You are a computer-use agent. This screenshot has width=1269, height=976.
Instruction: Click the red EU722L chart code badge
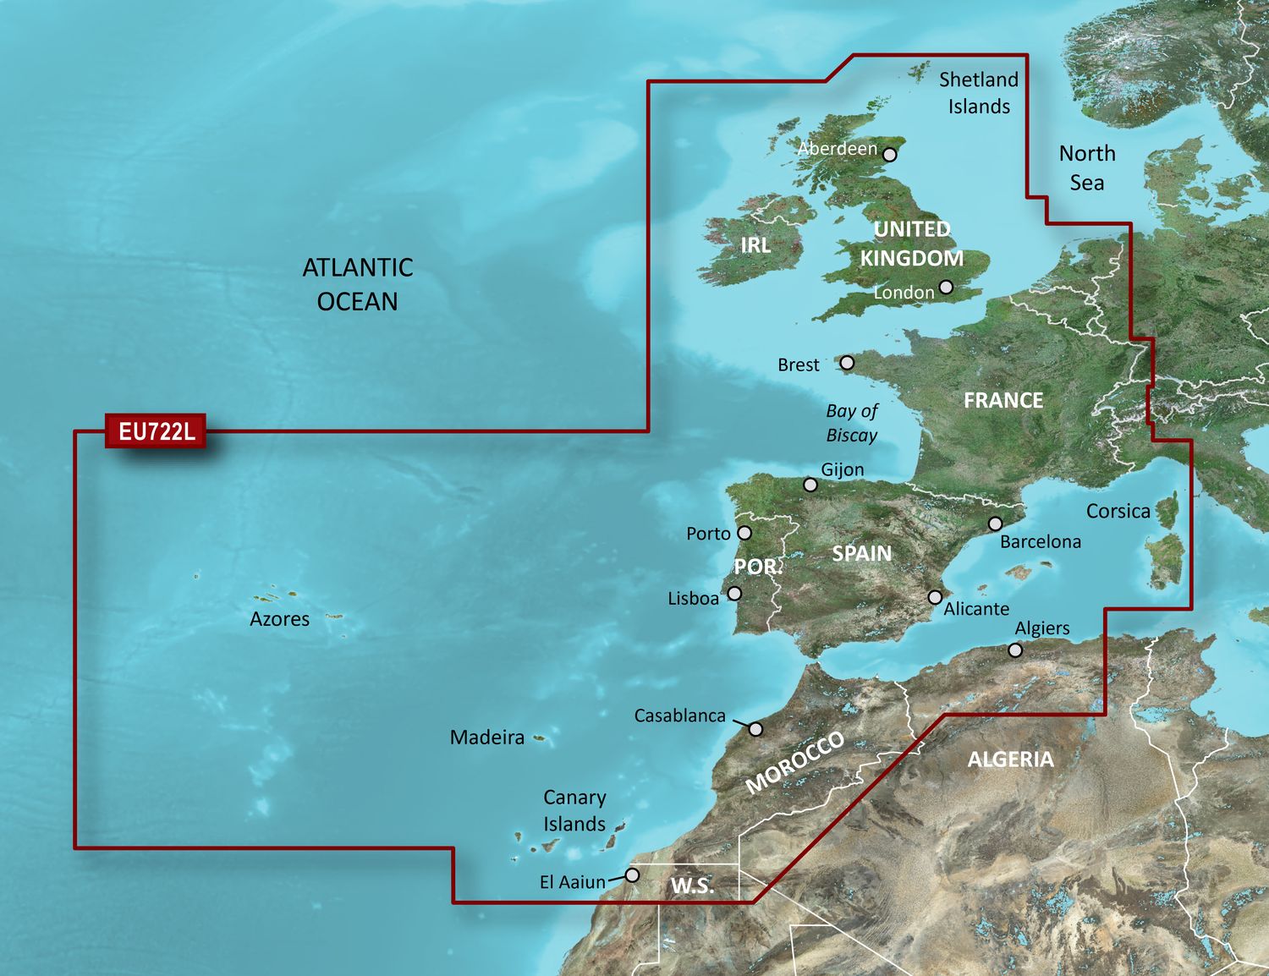[156, 431]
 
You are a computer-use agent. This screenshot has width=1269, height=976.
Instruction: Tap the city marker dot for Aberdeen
[889, 154]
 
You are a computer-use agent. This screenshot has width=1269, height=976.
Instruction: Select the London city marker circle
[946, 288]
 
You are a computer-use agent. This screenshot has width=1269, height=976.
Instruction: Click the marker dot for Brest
[847, 363]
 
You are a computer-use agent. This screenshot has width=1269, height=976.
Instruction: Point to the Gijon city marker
[810, 485]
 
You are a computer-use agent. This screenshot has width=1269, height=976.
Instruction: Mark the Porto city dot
[744, 533]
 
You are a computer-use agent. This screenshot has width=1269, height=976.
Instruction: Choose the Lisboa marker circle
[734, 594]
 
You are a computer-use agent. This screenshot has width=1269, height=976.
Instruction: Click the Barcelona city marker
[996, 524]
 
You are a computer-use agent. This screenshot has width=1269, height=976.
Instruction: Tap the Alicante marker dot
[935, 597]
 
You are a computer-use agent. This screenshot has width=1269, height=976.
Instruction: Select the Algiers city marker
[1015, 650]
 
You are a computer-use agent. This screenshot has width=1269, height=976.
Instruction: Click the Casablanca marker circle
[756, 729]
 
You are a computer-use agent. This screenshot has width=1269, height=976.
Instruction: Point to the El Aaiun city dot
[632, 875]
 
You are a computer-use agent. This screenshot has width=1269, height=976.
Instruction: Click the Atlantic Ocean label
[357, 284]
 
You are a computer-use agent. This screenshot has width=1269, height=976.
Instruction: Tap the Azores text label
[279, 619]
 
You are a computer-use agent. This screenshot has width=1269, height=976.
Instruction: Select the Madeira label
[486, 737]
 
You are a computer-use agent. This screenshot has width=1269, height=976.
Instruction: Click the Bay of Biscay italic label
[851, 423]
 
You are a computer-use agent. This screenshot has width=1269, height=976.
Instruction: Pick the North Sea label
[1087, 167]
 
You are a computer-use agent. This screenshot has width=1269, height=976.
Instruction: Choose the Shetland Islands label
[979, 93]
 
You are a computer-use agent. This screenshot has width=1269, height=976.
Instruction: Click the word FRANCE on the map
[1003, 400]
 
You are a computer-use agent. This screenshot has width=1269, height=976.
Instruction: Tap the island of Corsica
[1168, 512]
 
